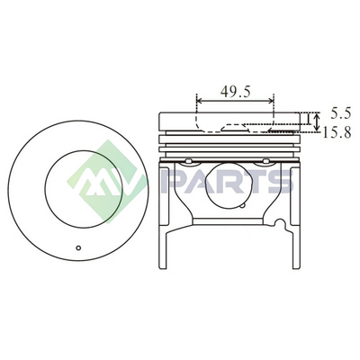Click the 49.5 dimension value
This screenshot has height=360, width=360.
point(235,92)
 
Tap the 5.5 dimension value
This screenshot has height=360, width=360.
point(341,113)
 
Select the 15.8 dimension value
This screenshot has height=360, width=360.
point(337,132)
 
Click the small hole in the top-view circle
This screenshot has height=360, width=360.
point(78,247)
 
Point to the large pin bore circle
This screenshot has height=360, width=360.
point(227,184)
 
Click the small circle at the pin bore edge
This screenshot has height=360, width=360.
point(243,205)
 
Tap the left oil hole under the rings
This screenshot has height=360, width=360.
point(188,161)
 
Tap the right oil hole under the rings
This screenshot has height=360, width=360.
point(265,161)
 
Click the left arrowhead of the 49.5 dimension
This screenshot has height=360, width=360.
point(200,101)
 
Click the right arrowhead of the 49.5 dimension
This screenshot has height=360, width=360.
point(271,101)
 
